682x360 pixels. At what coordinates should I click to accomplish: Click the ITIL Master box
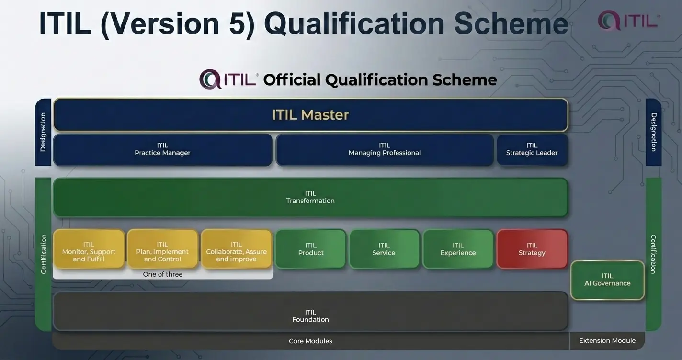pos(310,115)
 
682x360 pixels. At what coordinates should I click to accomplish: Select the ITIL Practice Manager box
pos(162,149)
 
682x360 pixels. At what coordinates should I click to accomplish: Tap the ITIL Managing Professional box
pos(384,149)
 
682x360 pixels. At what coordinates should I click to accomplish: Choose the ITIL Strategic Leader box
pos(532,149)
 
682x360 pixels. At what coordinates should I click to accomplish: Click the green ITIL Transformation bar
pos(310,197)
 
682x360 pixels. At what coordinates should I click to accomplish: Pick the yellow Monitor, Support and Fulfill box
pos(89,249)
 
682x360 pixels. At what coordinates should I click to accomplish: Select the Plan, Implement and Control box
pos(162,249)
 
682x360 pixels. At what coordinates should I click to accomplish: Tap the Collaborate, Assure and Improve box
pos(236,249)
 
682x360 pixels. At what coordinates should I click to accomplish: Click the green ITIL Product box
pos(311,249)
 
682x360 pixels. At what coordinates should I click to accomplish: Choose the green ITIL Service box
pos(384,249)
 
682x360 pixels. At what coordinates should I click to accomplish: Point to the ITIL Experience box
pos(458,249)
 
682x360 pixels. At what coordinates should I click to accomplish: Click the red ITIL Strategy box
pos(532,249)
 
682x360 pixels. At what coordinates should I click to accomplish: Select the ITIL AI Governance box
pos(607,280)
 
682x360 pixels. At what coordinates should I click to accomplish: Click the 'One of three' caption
pos(162,274)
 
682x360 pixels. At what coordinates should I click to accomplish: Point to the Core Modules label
pos(310,341)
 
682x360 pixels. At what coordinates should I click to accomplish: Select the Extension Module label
pos(607,341)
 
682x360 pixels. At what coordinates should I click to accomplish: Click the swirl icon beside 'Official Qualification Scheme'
pos(210,79)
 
